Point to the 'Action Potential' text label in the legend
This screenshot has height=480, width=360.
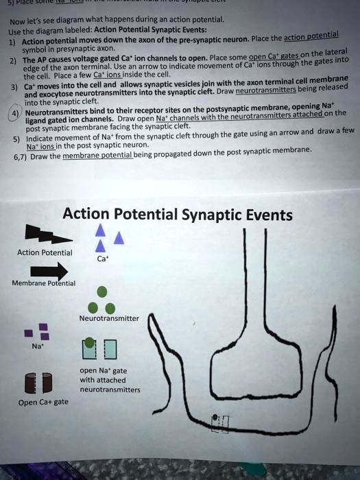pos(45,252)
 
